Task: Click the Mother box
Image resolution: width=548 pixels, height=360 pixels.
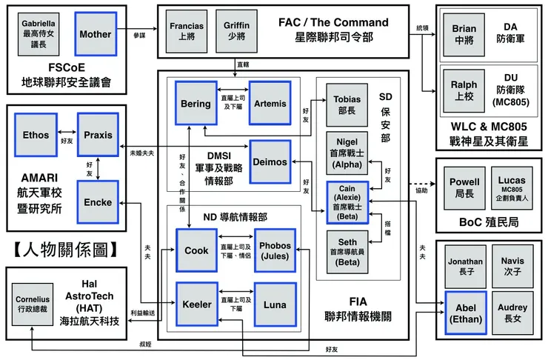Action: click(95, 34)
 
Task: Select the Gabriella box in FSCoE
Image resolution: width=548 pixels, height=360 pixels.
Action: click(38, 34)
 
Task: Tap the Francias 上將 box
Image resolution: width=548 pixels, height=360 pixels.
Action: click(186, 30)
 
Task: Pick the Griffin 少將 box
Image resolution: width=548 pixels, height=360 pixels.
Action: click(236, 30)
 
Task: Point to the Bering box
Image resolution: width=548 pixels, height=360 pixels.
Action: click(196, 104)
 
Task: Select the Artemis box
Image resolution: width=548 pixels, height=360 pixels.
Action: click(271, 104)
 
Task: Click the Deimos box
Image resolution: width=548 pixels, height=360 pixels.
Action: click(271, 161)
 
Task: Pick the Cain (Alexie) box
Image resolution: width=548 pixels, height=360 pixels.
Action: click(347, 202)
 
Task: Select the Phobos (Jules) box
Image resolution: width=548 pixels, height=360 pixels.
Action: click(275, 250)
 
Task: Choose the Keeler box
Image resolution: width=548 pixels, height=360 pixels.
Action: click(196, 304)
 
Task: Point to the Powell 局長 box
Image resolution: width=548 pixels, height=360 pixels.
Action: click(464, 187)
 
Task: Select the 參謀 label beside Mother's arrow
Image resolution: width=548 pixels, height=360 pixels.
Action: click(140, 36)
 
